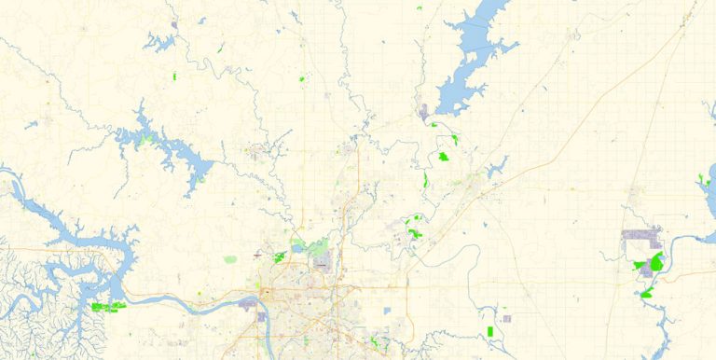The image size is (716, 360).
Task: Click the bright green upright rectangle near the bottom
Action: point(490,331)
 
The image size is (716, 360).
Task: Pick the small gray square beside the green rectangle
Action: point(506,319)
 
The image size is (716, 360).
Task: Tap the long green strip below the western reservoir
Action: point(108,306)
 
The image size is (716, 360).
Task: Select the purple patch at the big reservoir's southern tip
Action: point(424,113)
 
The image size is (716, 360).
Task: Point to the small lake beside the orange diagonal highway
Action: point(498,167)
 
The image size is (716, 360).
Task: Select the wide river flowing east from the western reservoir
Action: point(168,300)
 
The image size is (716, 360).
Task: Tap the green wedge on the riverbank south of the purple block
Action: point(645,295)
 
